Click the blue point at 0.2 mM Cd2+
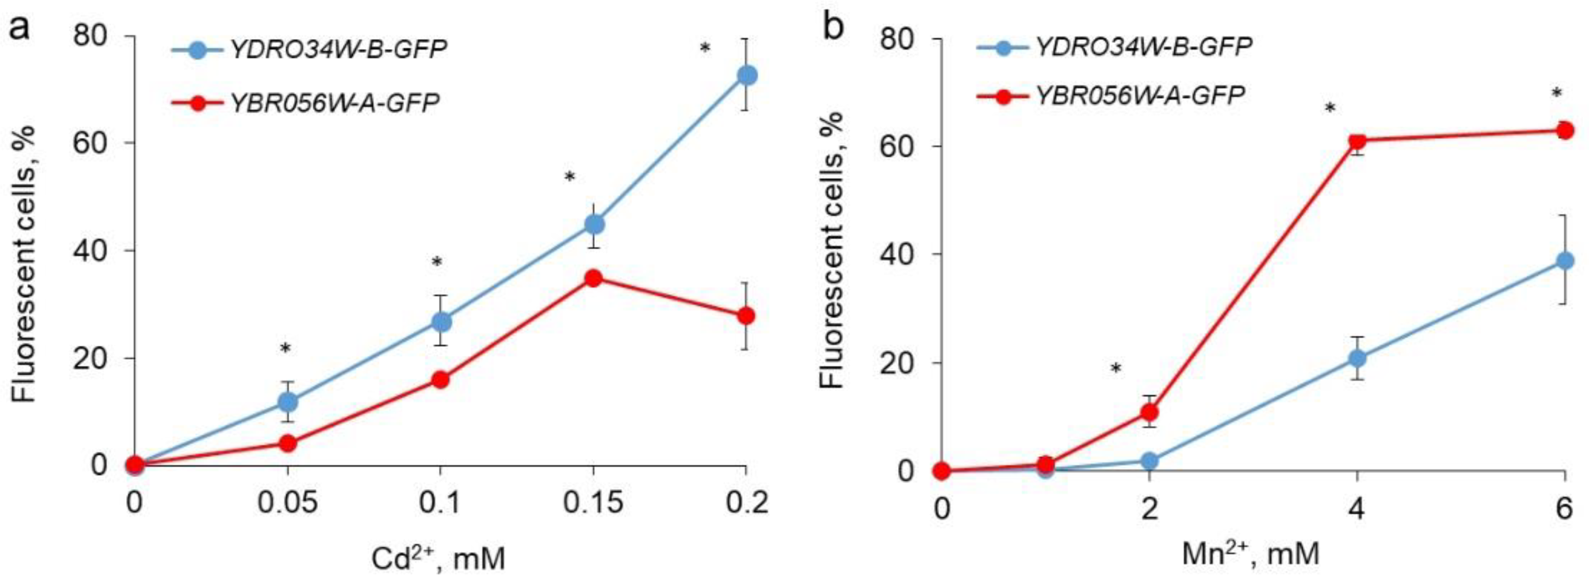(x=746, y=75)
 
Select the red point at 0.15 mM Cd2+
(x=593, y=278)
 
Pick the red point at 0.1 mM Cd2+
(x=440, y=379)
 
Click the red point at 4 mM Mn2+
(x=1357, y=141)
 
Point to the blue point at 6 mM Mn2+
(x=1564, y=261)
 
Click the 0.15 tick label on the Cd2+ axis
(x=593, y=504)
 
